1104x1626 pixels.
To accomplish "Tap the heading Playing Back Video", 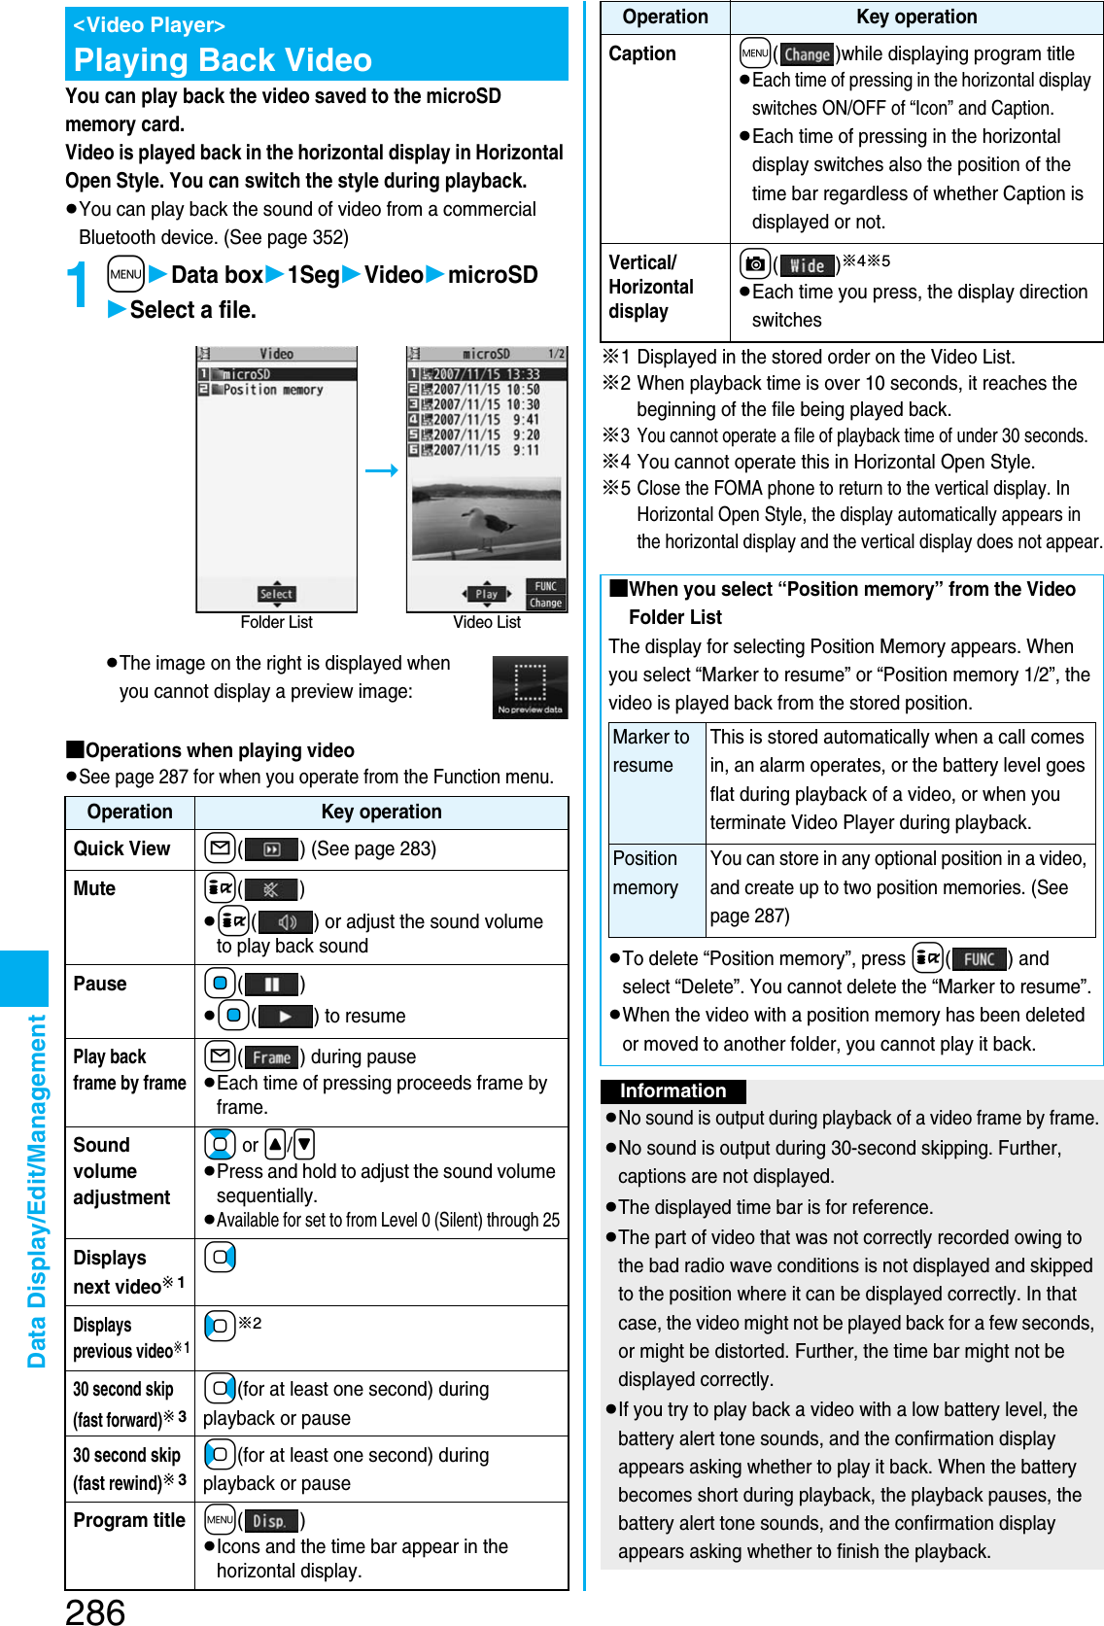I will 223,60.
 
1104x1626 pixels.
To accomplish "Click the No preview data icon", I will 530,687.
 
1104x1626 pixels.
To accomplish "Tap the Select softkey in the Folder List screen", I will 276,594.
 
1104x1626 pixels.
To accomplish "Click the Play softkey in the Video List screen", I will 486,594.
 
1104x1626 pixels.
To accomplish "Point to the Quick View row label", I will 122,848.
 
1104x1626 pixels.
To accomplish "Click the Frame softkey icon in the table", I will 271,1057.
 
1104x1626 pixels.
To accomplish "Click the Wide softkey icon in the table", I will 807,265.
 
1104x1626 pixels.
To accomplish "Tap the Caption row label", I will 642,54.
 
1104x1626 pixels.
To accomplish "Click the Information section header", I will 673,1090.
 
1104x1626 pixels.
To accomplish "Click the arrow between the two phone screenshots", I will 382,470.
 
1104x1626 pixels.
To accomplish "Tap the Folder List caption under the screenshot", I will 276,622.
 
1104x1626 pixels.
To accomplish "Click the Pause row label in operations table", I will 100,984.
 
